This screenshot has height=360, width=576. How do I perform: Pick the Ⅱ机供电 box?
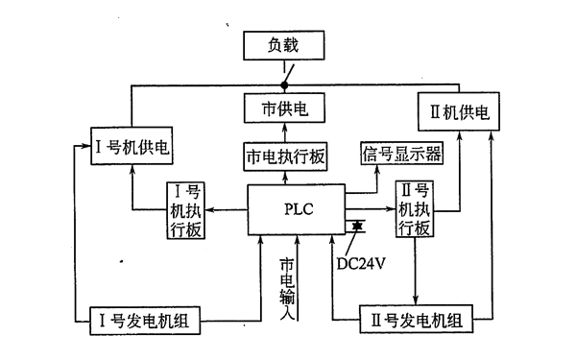458,112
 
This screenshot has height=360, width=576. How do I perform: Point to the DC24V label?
360,258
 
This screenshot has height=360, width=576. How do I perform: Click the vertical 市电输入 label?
286,288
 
